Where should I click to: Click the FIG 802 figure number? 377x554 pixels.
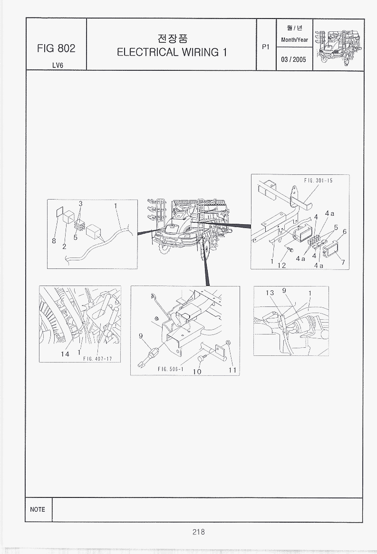pos(56,48)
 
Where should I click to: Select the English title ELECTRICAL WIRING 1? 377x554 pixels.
pos(172,52)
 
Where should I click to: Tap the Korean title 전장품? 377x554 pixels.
pos(172,38)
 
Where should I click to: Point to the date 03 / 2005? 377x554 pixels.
pos(293,59)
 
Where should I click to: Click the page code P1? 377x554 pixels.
pos(266,47)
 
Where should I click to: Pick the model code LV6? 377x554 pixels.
pos(57,66)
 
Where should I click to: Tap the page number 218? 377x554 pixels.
pos(198,531)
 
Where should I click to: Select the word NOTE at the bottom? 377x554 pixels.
pos(38,509)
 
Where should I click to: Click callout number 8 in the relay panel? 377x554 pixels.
pos(54,241)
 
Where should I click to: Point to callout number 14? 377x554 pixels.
pos(65,353)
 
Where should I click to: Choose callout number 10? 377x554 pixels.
pos(197,372)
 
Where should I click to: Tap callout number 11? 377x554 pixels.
pos(232,370)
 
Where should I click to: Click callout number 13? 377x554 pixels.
pos(270,293)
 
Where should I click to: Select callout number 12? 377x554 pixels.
pos(282,265)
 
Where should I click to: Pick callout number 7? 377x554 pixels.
pos(343,262)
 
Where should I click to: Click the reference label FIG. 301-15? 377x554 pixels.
pos(319,181)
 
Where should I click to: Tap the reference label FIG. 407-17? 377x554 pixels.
pos(97,359)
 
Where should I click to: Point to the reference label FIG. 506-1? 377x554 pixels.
pos(171,369)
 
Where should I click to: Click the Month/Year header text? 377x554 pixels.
pos(294,40)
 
